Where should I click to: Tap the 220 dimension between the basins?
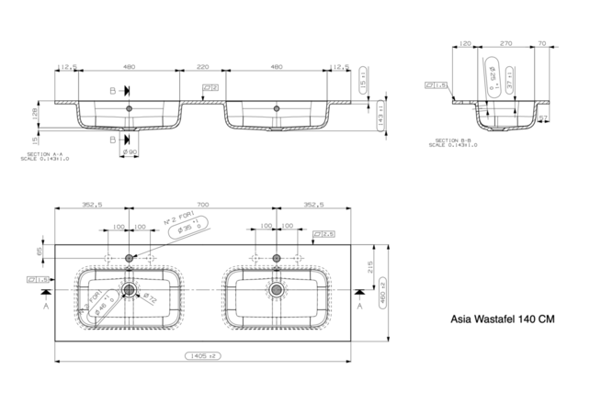click(x=202, y=67)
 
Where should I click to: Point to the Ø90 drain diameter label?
click(x=130, y=151)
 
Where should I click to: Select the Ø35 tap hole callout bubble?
click(x=187, y=226)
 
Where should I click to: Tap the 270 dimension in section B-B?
click(x=505, y=44)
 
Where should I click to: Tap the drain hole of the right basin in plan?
click(x=276, y=290)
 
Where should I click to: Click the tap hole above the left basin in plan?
click(x=130, y=259)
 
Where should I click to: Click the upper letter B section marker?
click(x=113, y=91)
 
